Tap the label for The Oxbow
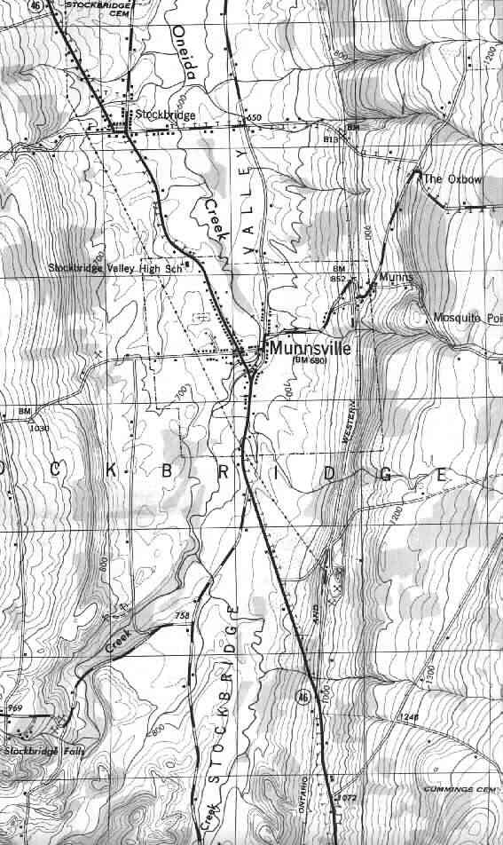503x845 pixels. [x=453, y=179]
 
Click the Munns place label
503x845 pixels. [x=396, y=278]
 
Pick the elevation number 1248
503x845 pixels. [x=407, y=717]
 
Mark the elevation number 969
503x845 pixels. [x=14, y=708]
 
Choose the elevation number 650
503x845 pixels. [x=255, y=118]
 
